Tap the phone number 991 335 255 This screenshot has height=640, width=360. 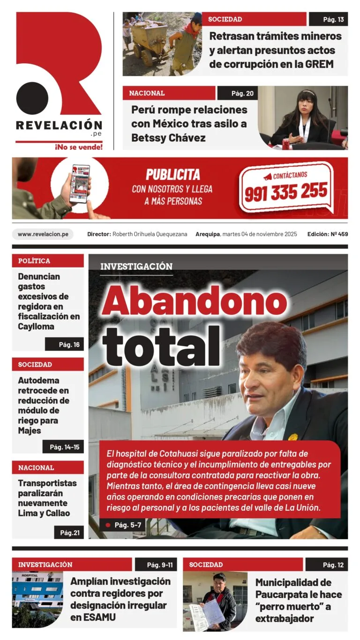pyautogui.click(x=286, y=192)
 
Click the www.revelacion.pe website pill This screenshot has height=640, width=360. pyautogui.click(x=43, y=234)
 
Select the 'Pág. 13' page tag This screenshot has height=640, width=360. pyautogui.click(x=328, y=19)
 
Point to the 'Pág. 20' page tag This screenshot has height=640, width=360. pyautogui.click(x=237, y=93)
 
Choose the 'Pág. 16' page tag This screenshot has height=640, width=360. pyautogui.click(x=64, y=344)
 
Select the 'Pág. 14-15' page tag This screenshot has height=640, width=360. pyautogui.click(x=63, y=447)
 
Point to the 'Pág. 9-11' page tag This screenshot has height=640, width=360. pyautogui.click(x=156, y=565)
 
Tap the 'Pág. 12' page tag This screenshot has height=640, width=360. pyautogui.click(x=327, y=565)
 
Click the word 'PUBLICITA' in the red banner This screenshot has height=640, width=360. pyautogui.click(x=172, y=175)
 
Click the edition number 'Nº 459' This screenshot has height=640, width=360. pyautogui.click(x=338, y=234)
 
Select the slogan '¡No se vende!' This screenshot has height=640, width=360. pyautogui.click(x=79, y=147)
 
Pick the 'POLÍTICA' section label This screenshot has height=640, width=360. pyautogui.click(x=34, y=260)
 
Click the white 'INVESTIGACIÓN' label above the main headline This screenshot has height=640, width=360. pyautogui.click(x=136, y=266)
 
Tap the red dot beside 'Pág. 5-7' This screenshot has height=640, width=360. pyautogui.click(x=108, y=525)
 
